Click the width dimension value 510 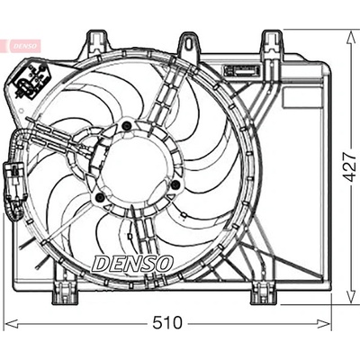click(x=167, y=323)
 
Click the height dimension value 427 click(x=350, y=166)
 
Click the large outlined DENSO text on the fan click(x=132, y=264)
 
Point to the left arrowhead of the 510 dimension click(x=12, y=324)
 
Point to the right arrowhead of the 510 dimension click(x=325, y=324)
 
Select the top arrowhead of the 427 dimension click(x=350, y=37)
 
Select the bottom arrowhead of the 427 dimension click(x=350, y=298)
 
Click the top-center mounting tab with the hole click(x=188, y=43)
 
